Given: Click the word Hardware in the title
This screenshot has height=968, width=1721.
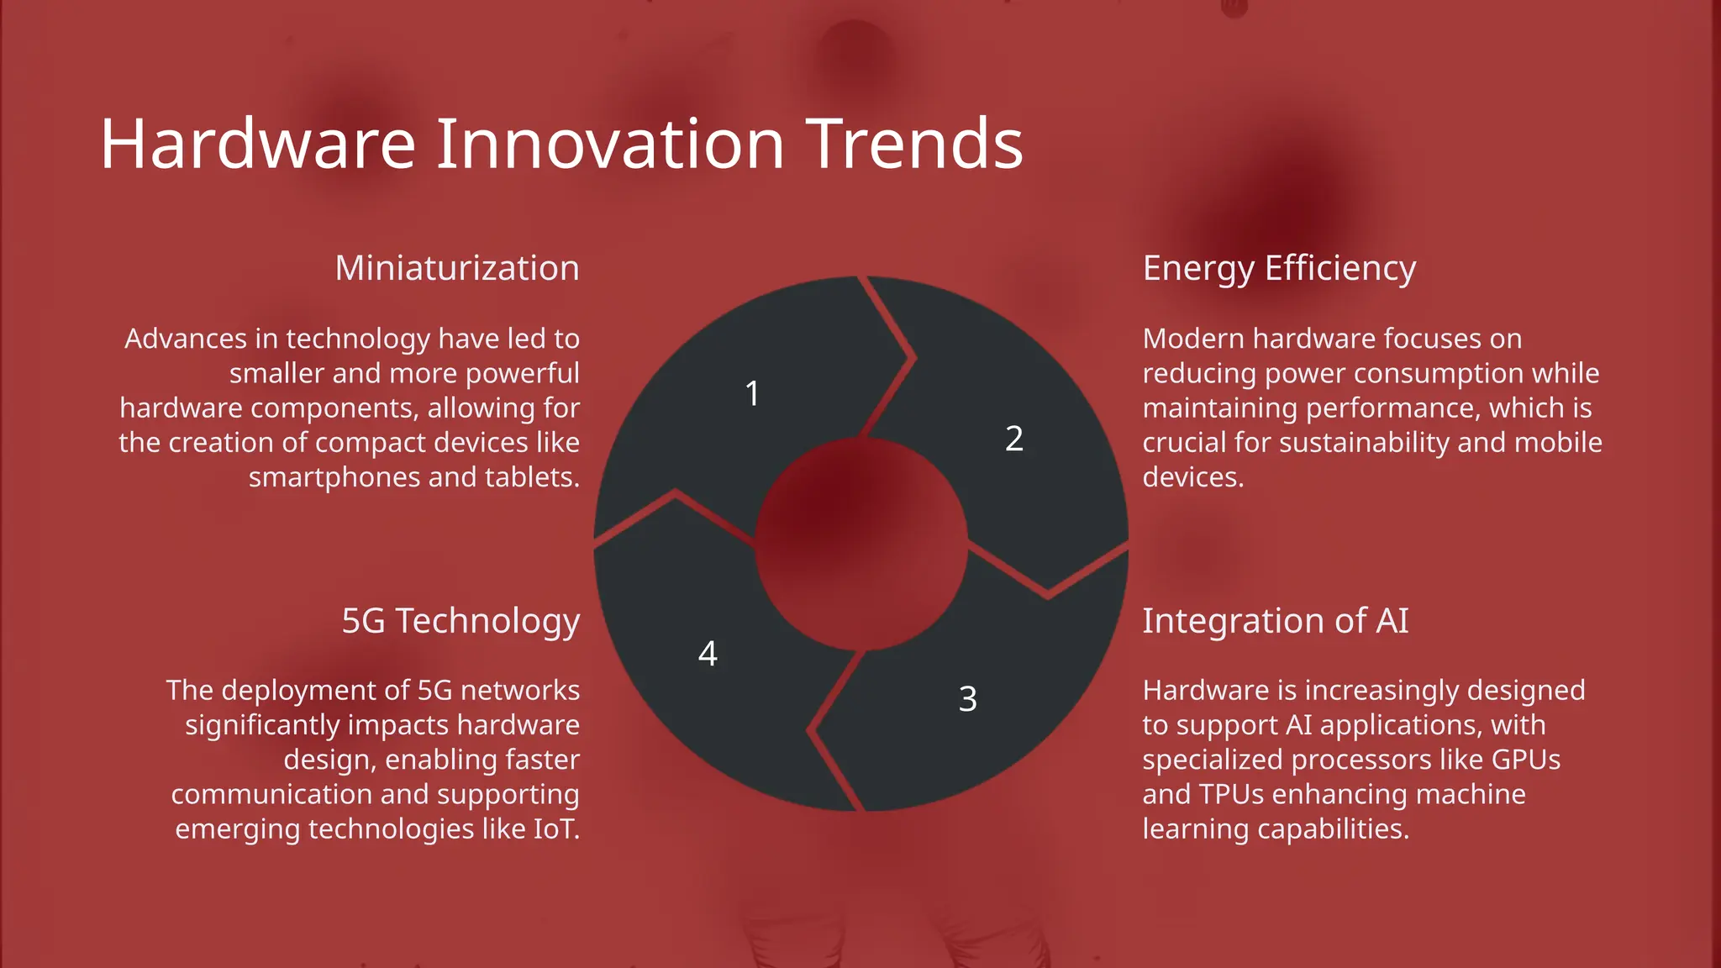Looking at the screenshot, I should pos(257,145).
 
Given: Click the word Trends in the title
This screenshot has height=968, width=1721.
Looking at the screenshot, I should pos(913,145).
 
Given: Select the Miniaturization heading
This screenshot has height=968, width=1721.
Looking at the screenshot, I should pos(457,268).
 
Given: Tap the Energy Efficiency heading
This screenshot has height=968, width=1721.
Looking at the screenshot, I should pos(1279,269).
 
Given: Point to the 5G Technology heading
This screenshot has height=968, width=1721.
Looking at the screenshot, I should pos(461,621).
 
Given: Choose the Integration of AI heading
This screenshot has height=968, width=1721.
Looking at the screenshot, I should pos(1275,621).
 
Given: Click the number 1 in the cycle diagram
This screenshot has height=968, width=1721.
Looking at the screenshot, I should pos(752,393).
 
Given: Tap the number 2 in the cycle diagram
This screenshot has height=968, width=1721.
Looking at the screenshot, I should pos(1014,439).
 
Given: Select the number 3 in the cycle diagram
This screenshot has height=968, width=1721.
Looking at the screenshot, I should pos(967,699).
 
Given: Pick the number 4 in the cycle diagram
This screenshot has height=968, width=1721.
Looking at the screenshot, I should pos(708,654).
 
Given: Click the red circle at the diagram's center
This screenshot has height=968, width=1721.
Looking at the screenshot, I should pos(861,544).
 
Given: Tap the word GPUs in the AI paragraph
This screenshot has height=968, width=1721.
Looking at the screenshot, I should pos(1525,760).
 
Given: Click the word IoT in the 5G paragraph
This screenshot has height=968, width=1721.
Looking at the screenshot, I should pos(555,829).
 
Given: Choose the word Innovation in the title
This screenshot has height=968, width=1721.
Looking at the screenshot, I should pos(610,145).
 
